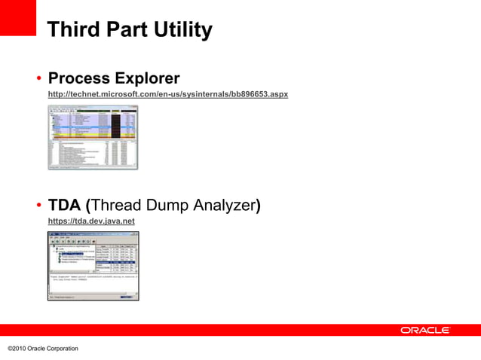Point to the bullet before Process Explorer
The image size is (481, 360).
point(37,79)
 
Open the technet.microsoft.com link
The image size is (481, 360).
point(167,94)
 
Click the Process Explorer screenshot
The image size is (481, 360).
point(93,137)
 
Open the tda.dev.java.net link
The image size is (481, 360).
point(90,221)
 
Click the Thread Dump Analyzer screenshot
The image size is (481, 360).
point(93,266)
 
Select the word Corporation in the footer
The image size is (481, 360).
point(62,349)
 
